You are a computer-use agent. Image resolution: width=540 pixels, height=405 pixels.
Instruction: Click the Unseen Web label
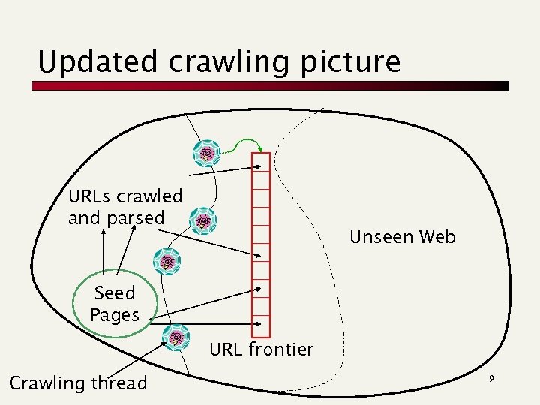coord(403,237)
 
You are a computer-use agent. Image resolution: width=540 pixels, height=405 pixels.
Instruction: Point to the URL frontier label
coord(261,349)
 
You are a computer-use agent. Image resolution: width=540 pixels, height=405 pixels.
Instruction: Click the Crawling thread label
coord(78,383)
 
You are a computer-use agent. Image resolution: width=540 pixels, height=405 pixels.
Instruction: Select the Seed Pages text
coord(115,304)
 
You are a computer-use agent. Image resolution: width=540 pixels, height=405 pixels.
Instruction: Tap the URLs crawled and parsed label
coord(124,207)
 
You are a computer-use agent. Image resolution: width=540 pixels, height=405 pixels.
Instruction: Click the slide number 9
coord(491,379)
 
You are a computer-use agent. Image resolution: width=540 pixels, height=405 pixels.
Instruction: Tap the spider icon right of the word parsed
coord(203,221)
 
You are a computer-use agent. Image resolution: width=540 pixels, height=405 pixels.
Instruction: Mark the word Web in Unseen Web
coord(437,237)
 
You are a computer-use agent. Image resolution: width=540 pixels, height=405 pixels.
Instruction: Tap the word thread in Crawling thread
coord(118,383)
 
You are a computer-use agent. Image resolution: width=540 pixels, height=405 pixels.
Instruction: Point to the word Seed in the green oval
coord(115,292)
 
